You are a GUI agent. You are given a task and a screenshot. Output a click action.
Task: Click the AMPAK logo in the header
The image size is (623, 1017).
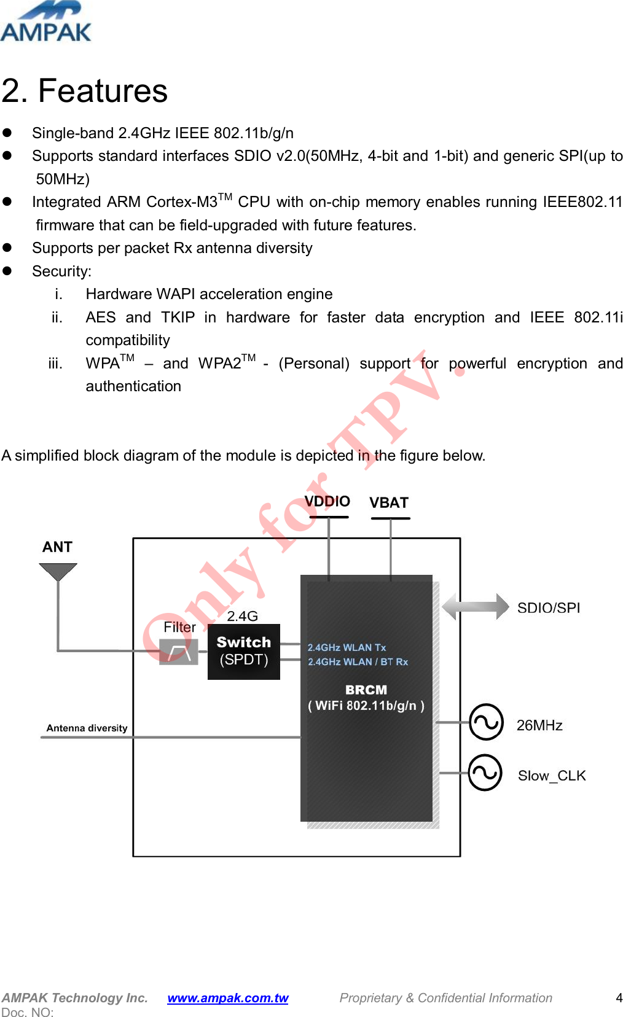point(45,22)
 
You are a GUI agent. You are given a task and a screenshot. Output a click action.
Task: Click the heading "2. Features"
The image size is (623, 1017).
point(85,91)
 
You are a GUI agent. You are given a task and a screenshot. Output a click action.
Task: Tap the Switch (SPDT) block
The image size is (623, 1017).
point(244,652)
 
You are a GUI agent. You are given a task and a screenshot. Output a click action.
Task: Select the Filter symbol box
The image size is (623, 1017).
point(178,652)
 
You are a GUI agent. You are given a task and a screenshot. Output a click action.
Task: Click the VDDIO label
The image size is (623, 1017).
point(327,502)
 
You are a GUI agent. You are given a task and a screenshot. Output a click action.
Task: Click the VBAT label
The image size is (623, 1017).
point(389,503)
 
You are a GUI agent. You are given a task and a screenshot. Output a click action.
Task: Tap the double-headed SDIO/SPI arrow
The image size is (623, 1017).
point(476,607)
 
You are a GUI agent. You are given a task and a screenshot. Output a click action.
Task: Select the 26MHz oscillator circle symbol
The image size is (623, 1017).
point(486,722)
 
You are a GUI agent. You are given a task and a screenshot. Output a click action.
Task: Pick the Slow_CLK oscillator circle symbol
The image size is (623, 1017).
point(485,773)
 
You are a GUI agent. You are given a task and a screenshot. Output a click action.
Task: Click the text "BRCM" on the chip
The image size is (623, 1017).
point(366,690)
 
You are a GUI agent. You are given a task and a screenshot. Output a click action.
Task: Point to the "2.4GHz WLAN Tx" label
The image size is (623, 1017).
point(347,647)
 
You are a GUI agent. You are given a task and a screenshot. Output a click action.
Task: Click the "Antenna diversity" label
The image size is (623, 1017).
point(87,728)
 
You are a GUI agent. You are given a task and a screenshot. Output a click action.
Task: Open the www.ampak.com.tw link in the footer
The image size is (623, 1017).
point(227,998)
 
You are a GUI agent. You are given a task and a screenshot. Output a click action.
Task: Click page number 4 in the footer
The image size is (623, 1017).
point(619,998)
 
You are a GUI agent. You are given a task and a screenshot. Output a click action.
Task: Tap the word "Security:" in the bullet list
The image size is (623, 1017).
point(61,271)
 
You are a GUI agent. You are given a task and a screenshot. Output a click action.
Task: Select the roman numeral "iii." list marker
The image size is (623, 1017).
point(55,364)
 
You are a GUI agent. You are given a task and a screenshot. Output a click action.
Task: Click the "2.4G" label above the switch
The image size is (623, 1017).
point(242,616)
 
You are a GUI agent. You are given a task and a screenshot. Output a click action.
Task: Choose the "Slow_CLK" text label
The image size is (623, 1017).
point(552,776)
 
